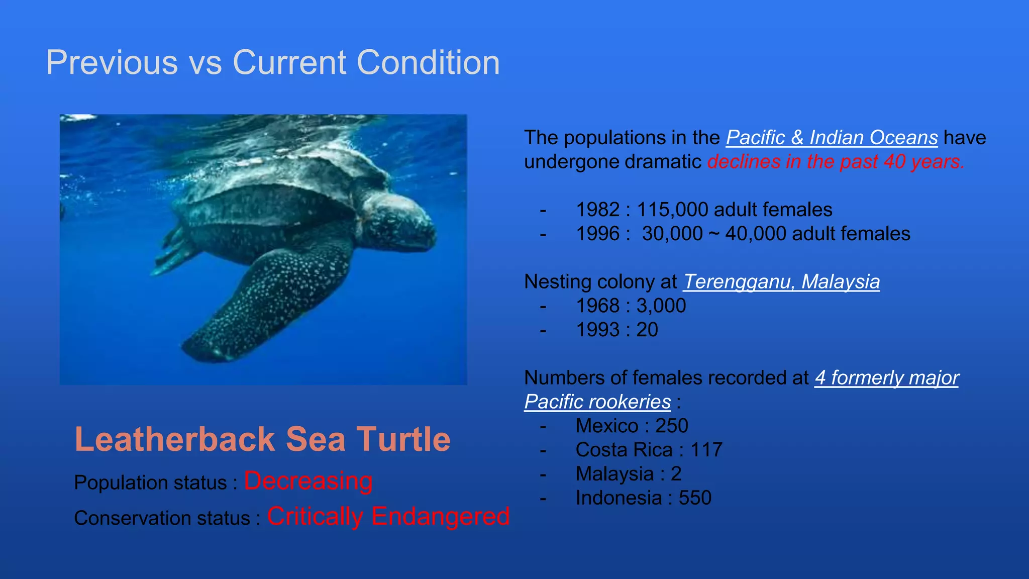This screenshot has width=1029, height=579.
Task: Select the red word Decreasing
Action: point(308,481)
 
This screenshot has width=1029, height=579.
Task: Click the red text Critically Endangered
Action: point(388,516)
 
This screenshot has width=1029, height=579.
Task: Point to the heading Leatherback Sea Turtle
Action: point(262,439)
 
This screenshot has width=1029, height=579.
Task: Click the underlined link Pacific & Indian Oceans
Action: point(832,138)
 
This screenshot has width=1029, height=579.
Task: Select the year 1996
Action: point(597,234)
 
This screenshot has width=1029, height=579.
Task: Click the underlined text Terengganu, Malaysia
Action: point(781,281)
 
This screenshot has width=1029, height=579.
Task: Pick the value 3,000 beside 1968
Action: point(661,306)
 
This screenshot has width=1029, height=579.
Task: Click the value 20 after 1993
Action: point(647,330)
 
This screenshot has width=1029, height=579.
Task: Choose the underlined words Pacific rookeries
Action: point(597,402)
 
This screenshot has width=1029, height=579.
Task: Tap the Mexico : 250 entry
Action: point(632,426)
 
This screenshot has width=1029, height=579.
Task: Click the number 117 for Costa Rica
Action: point(706,450)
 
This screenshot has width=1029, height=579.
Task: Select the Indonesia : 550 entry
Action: point(643,498)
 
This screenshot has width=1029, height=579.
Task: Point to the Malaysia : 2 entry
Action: point(628,474)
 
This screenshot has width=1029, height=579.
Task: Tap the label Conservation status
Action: point(162,518)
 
